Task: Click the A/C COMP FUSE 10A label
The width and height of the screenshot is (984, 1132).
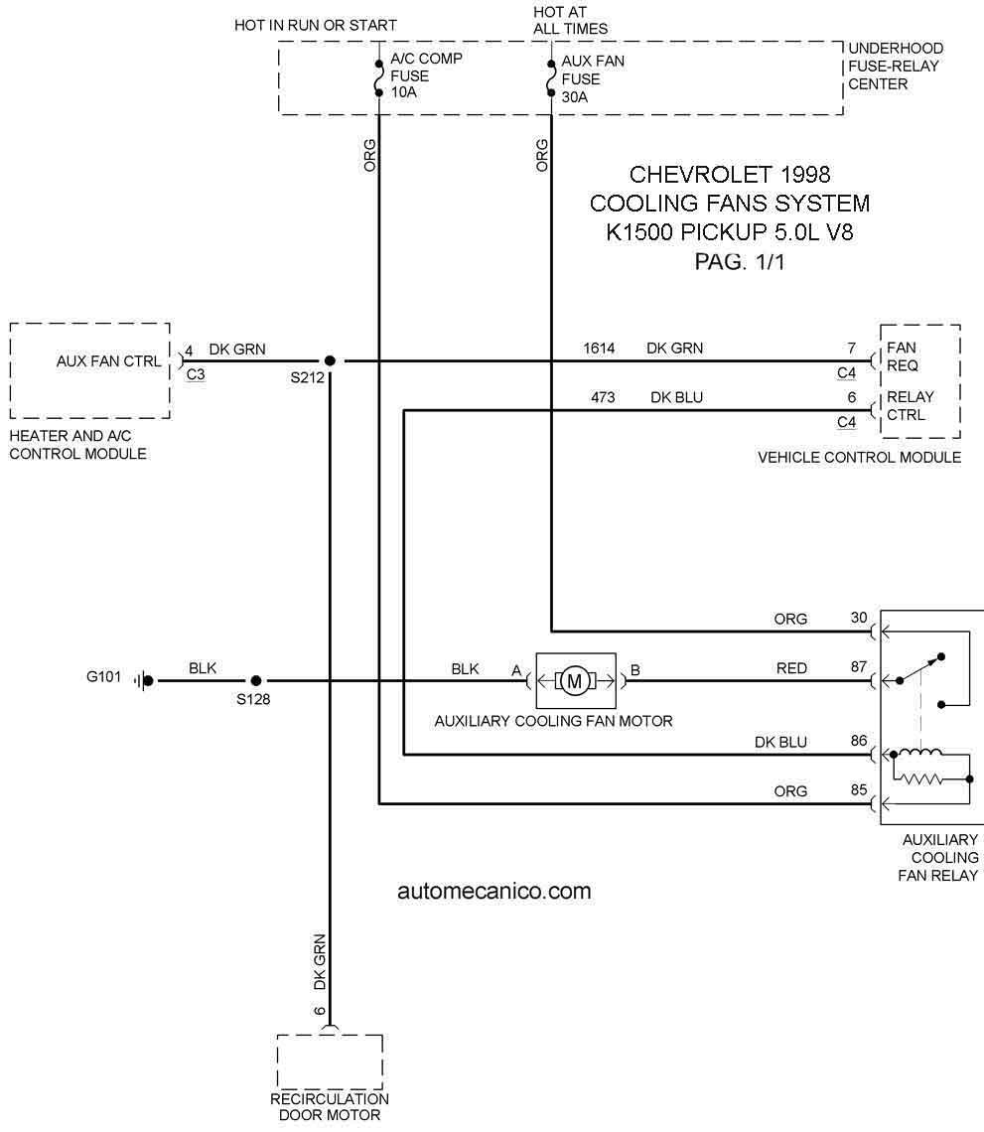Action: point(426,75)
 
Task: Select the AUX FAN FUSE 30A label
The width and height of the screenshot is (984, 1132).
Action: point(593,78)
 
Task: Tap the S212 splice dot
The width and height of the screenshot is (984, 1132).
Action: point(330,360)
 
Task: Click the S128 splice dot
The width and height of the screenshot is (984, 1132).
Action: point(255,680)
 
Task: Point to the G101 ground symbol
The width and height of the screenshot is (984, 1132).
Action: point(144,680)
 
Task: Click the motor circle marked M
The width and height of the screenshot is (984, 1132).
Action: point(575,681)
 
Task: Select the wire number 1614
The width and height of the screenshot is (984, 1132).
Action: point(599,348)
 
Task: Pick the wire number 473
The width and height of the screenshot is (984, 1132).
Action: point(603,397)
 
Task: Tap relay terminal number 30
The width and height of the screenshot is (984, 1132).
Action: point(858,618)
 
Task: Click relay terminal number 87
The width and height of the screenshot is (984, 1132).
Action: point(858,666)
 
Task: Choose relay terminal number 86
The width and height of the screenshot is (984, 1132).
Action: point(858,740)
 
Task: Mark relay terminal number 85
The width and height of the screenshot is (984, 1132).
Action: point(858,789)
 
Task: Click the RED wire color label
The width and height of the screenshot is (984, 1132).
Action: point(791,668)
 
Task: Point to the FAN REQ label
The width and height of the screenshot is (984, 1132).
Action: point(903,356)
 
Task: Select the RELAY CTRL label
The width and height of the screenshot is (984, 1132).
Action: point(910,406)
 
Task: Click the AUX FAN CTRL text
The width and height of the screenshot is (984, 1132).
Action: point(109,361)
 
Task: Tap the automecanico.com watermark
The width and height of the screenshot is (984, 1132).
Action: point(493,891)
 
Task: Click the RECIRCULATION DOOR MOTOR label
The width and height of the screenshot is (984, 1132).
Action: point(330,1107)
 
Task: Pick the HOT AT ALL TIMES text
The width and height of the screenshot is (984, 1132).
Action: point(570,20)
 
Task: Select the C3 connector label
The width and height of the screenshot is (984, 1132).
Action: point(195,374)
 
